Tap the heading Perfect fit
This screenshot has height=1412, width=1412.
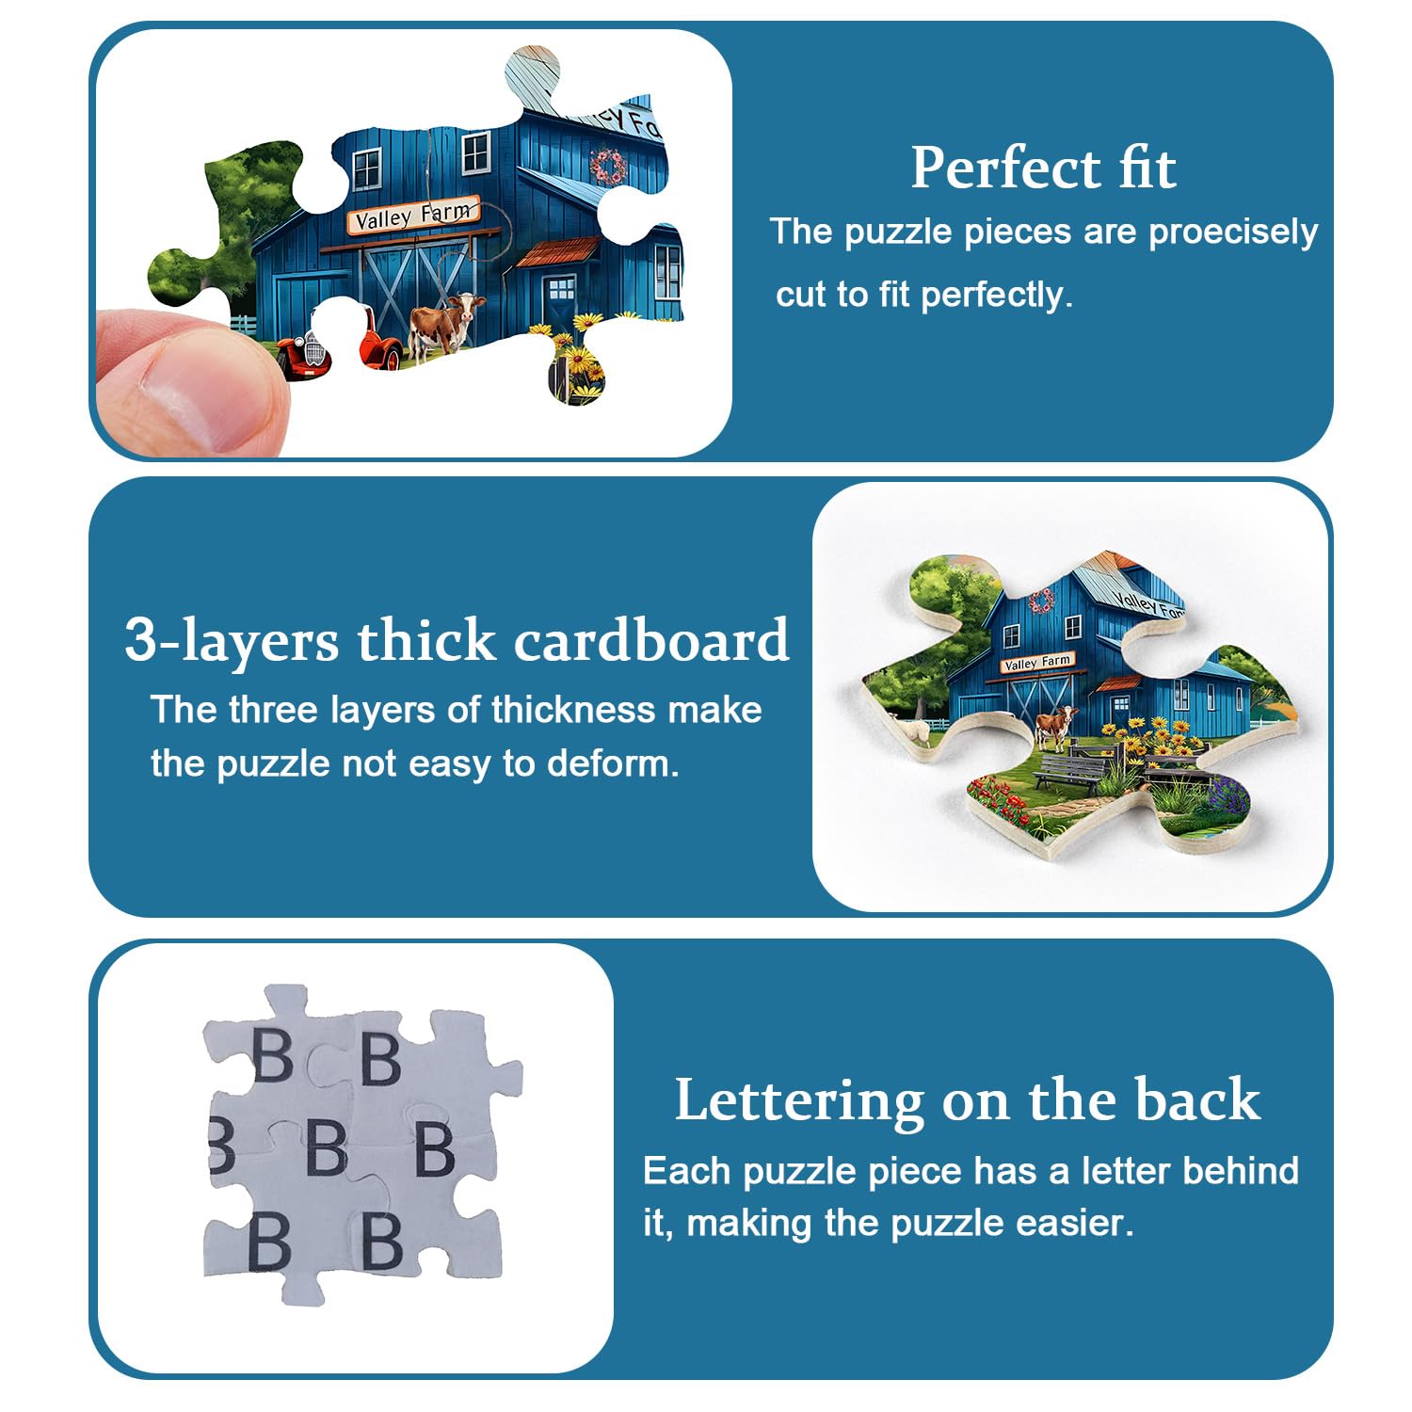click(x=1043, y=168)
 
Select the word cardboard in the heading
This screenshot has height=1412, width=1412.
click(x=651, y=640)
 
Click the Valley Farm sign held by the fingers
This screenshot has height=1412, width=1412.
click(x=414, y=216)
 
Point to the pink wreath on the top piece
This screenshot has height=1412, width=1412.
click(x=608, y=167)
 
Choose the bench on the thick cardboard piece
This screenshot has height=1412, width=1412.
click(x=1069, y=772)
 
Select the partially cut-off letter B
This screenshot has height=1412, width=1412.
click(x=222, y=1147)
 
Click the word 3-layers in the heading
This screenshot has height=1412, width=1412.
click(x=232, y=641)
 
